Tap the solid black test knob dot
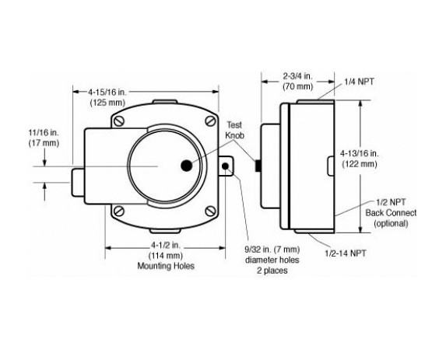[185, 166]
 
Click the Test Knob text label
[234, 129]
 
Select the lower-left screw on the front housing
[118, 211]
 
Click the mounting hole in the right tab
[227, 166]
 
